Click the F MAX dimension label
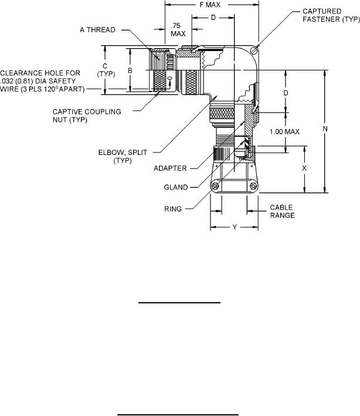tap(210, 5)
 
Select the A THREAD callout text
tap(97, 30)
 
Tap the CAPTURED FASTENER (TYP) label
tap(331, 15)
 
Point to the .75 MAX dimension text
tap(178, 30)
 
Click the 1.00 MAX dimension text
tap(284, 131)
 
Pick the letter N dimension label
tap(325, 129)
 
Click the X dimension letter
tap(304, 168)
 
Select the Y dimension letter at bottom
tap(235, 227)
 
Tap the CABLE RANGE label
tap(282, 211)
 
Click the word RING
tap(173, 209)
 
